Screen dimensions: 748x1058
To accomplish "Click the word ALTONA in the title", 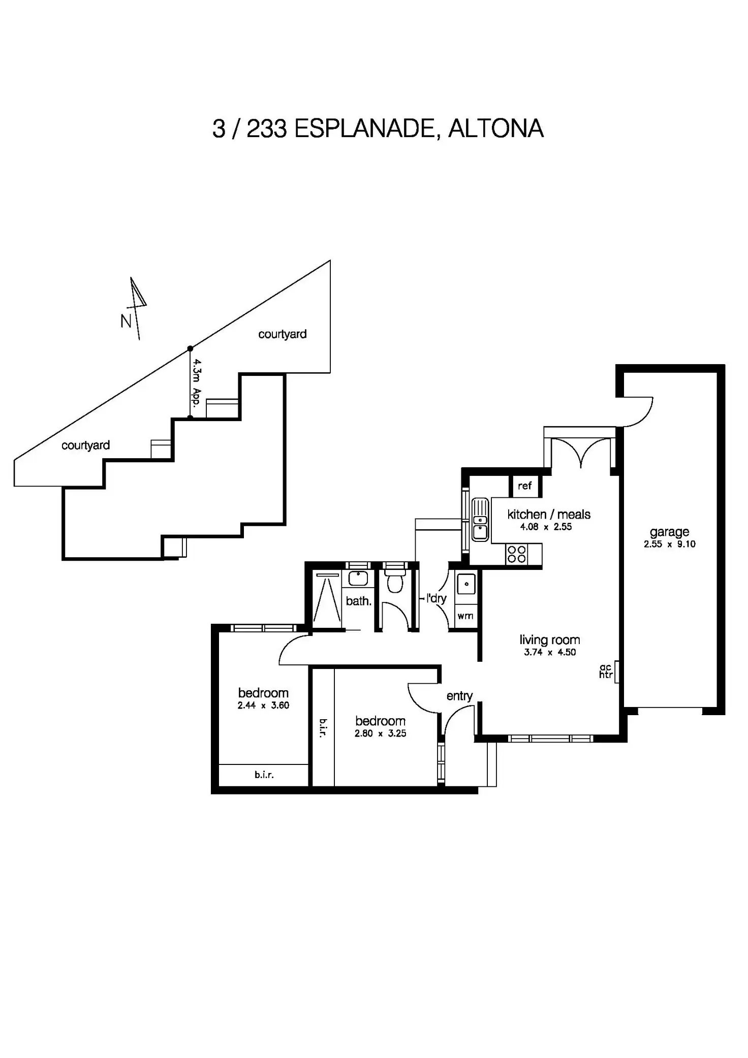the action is [x=496, y=129].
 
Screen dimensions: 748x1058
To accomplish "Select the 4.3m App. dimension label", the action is [x=197, y=382].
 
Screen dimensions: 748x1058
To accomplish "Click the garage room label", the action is [x=669, y=532].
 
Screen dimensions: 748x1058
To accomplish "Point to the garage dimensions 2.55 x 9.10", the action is [x=669, y=544].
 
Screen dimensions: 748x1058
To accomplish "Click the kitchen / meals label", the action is [x=549, y=514].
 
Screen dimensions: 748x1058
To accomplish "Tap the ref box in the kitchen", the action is [x=524, y=486].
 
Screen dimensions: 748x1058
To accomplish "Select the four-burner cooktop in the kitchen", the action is [x=517, y=554].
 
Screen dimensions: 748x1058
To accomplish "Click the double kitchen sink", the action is [x=480, y=519].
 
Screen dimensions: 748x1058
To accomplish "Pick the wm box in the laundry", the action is [x=465, y=616].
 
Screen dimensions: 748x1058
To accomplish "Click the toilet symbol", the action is [x=394, y=581].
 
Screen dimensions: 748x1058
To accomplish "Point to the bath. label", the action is [x=358, y=601].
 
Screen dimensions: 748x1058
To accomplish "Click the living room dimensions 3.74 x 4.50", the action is [x=550, y=652].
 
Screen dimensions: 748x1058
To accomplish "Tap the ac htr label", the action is [x=606, y=671].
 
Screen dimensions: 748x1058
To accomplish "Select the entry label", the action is [x=459, y=696].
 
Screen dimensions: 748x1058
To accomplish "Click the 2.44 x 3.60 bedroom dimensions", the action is [x=263, y=705].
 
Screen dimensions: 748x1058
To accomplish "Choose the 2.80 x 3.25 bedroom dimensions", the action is [x=380, y=733].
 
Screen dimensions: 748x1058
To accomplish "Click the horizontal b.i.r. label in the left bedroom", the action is [x=264, y=775].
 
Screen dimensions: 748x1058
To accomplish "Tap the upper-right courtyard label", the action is [x=282, y=334].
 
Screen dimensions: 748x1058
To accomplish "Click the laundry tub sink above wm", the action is [x=466, y=584].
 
